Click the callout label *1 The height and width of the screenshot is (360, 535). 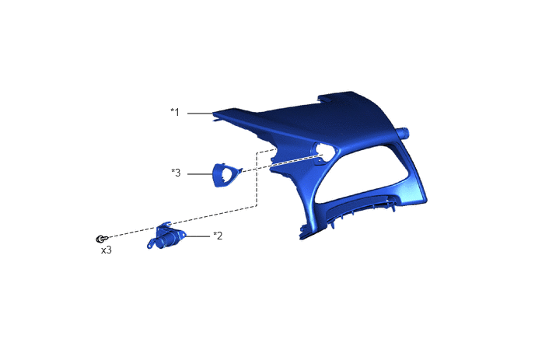175,112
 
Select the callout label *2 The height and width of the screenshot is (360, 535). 218,236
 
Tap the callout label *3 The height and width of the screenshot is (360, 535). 176,173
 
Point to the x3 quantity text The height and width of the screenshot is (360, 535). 106,250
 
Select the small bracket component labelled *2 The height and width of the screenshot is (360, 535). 166,236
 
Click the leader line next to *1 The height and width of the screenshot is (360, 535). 201,113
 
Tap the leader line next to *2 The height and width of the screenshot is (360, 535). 198,236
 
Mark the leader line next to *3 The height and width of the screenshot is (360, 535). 201,174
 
